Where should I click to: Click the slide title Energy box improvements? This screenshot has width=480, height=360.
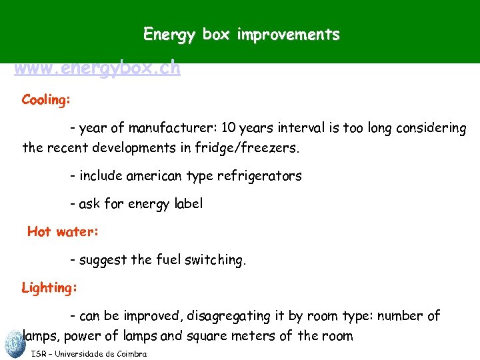241,35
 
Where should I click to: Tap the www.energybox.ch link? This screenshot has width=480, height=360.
97,68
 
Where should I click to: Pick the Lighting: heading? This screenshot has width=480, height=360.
49,288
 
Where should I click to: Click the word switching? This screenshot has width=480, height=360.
216,260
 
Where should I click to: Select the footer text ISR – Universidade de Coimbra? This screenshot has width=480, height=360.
89,354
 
